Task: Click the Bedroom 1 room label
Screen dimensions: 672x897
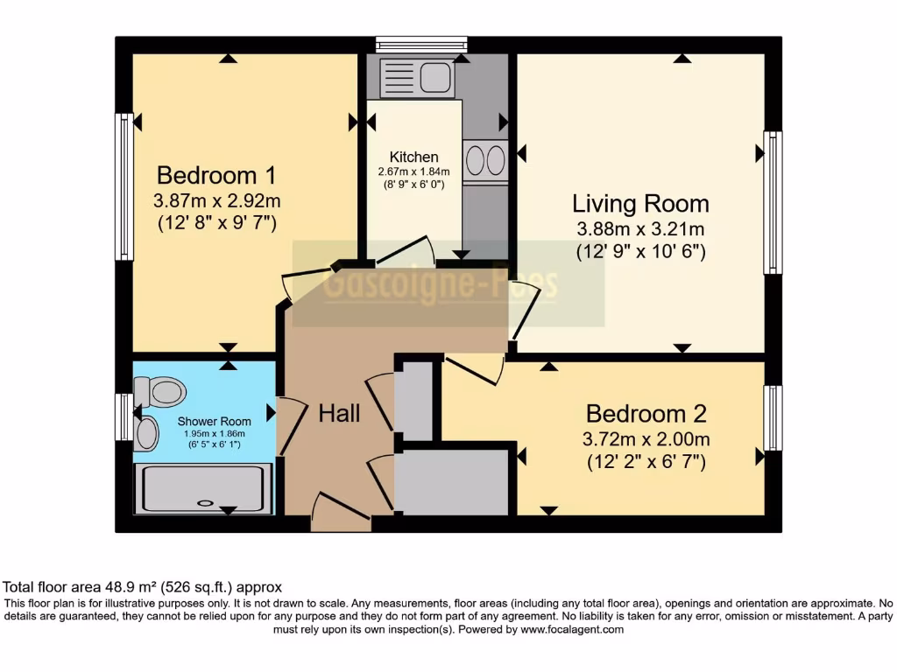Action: [206, 171]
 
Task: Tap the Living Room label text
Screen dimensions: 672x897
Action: [640, 204]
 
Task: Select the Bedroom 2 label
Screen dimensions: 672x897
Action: [646, 413]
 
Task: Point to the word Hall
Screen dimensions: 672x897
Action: [339, 413]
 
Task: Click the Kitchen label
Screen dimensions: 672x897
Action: [414, 157]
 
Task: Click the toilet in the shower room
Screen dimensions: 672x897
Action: [158, 391]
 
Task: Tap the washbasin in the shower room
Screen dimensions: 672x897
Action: [146, 433]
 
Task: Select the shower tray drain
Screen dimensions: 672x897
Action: [205, 502]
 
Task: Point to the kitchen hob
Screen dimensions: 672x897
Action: [485, 161]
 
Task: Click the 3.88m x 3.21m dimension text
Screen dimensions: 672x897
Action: [640, 229]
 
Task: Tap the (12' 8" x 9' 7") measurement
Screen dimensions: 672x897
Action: [217, 223]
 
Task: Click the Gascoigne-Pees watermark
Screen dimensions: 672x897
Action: [441, 284]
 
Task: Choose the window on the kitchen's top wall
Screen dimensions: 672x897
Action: [421, 45]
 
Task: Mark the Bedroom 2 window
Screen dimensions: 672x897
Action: [772, 418]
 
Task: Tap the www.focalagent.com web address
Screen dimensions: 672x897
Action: [571, 629]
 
